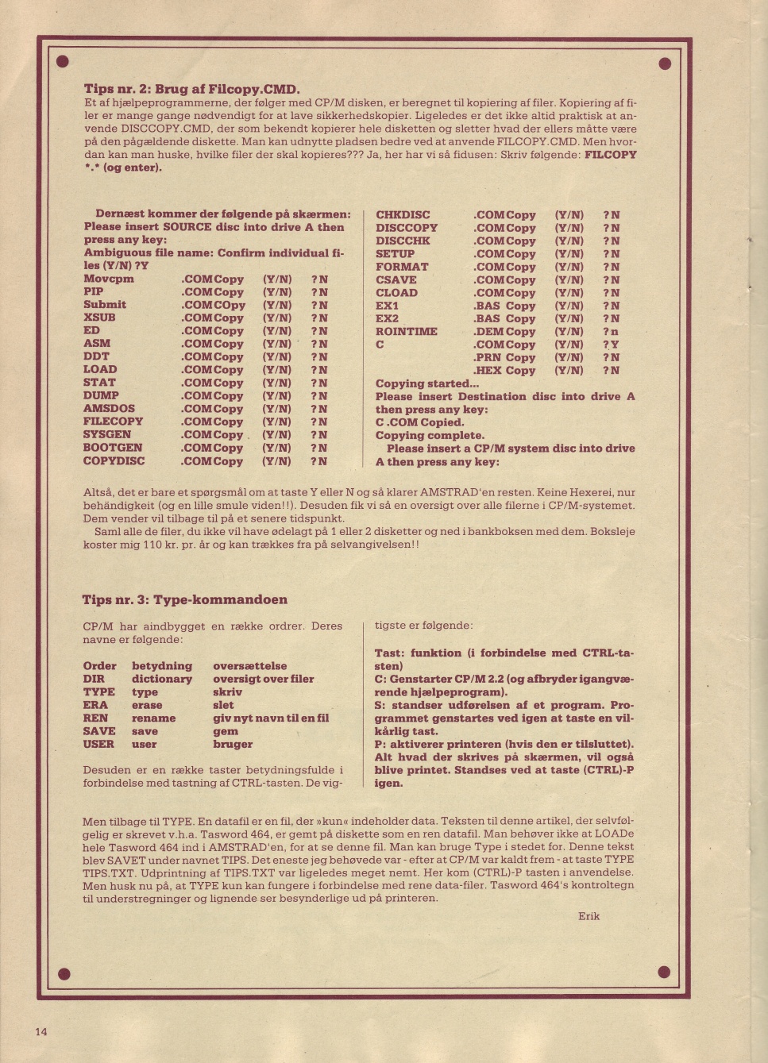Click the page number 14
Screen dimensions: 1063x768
pyautogui.click(x=41, y=1031)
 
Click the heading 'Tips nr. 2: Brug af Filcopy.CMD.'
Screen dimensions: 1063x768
pyautogui.click(x=192, y=89)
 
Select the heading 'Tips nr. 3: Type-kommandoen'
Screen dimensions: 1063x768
pyautogui.click(x=185, y=599)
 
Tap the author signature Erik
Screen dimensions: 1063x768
pyautogui.click(x=589, y=916)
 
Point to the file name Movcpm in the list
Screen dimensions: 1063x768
pyautogui.click(x=109, y=279)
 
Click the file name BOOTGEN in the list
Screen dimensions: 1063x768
pyautogui.click(x=113, y=448)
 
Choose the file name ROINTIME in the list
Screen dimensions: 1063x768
pyautogui.click(x=406, y=332)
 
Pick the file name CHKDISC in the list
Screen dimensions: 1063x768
pyautogui.click(x=403, y=215)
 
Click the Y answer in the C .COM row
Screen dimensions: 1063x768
pyautogui.click(x=615, y=345)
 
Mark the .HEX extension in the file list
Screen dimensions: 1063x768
pyautogui.click(x=487, y=371)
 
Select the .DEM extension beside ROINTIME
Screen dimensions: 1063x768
pyautogui.click(x=488, y=332)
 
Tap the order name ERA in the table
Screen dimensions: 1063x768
pyautogui.click(x=95, y=705)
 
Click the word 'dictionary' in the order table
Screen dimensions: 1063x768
pyautogui.click(x=162, y=679)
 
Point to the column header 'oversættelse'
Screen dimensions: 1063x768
pyautogui.click(x=250, y=666)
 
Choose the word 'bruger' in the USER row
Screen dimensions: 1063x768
pyautogui.click(x=233, y=744)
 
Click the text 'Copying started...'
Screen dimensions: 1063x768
pyautogui.click(x=427, y=383)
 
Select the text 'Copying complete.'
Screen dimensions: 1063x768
pyautogui.click(x=430, y=435)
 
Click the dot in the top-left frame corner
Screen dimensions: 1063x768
pyautogui.click(x=64, y=62)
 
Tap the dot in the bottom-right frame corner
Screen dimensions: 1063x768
pyautogui.click(x=665, y=972)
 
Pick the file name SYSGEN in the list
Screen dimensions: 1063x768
pyautogui.click(x=107, y=434)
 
